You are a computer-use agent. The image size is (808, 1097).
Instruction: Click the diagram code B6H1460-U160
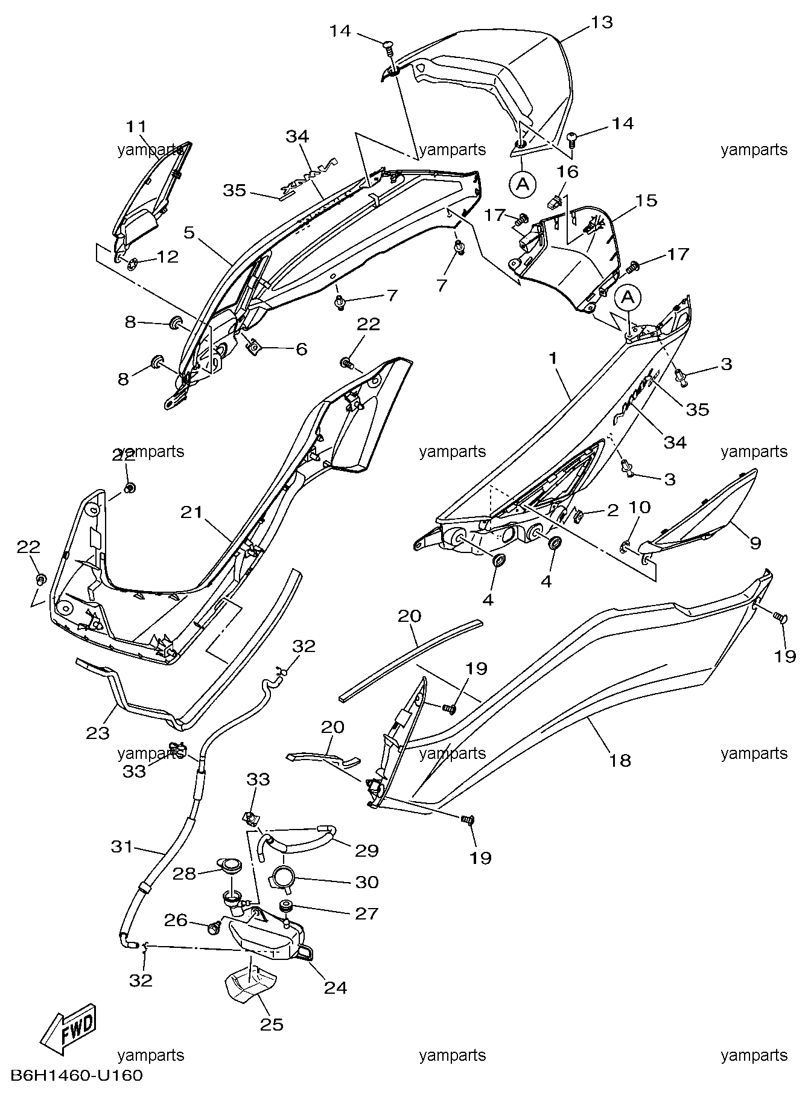click(x=77, y=1076)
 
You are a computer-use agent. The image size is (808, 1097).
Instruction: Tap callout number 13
click(x=601, y=23)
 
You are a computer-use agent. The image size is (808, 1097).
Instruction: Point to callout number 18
click(x=620, y=760)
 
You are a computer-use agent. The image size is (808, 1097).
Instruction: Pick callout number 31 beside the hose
click(x=121, y=847)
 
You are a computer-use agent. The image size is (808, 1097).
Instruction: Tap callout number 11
click(x=137, y=127)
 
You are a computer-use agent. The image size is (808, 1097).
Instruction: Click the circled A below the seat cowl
click(x=523, y=184)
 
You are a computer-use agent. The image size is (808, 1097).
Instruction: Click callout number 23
click(x=98, y=733)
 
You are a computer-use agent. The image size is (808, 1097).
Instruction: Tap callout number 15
click(x=646, y=200)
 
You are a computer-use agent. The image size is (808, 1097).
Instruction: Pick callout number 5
click(x=190, y=233)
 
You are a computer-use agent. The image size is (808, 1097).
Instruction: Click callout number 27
click(x=366, y=913)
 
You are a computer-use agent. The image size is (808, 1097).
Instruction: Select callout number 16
click(x=567, y=171)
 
